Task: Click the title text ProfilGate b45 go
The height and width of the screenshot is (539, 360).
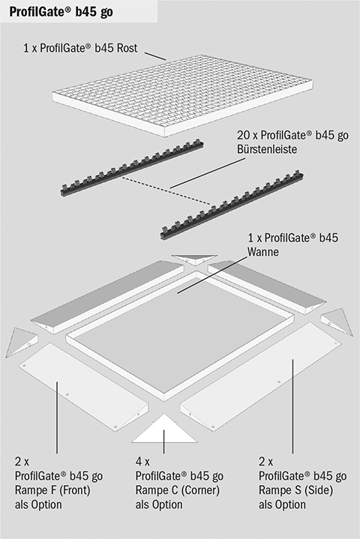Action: click(61, 13)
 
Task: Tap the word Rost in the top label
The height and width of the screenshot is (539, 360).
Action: click(127, 48)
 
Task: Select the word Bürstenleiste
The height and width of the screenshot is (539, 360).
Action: click(267, 149)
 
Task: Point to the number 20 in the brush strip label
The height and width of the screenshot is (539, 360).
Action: click(243, 135)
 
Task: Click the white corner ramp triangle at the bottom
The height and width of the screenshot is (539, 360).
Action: click(164, 429)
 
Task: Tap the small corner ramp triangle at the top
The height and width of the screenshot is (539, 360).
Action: click(194, 259)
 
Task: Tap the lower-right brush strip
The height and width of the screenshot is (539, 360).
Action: click(232, 205)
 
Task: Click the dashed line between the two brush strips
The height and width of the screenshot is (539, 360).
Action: click(166, 191)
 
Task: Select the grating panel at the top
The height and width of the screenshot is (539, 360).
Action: click(182, 97)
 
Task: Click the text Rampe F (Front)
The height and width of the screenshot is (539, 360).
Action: click(52, 490)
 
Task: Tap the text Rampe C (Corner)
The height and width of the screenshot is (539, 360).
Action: click(178, 490)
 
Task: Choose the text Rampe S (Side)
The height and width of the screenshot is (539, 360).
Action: click(295, 490)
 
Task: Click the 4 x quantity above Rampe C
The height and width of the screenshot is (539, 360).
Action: click(142, 462)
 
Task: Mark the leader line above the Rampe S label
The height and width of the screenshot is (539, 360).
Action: click(292, 406)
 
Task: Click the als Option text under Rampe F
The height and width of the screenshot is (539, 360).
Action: click(38, 505)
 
